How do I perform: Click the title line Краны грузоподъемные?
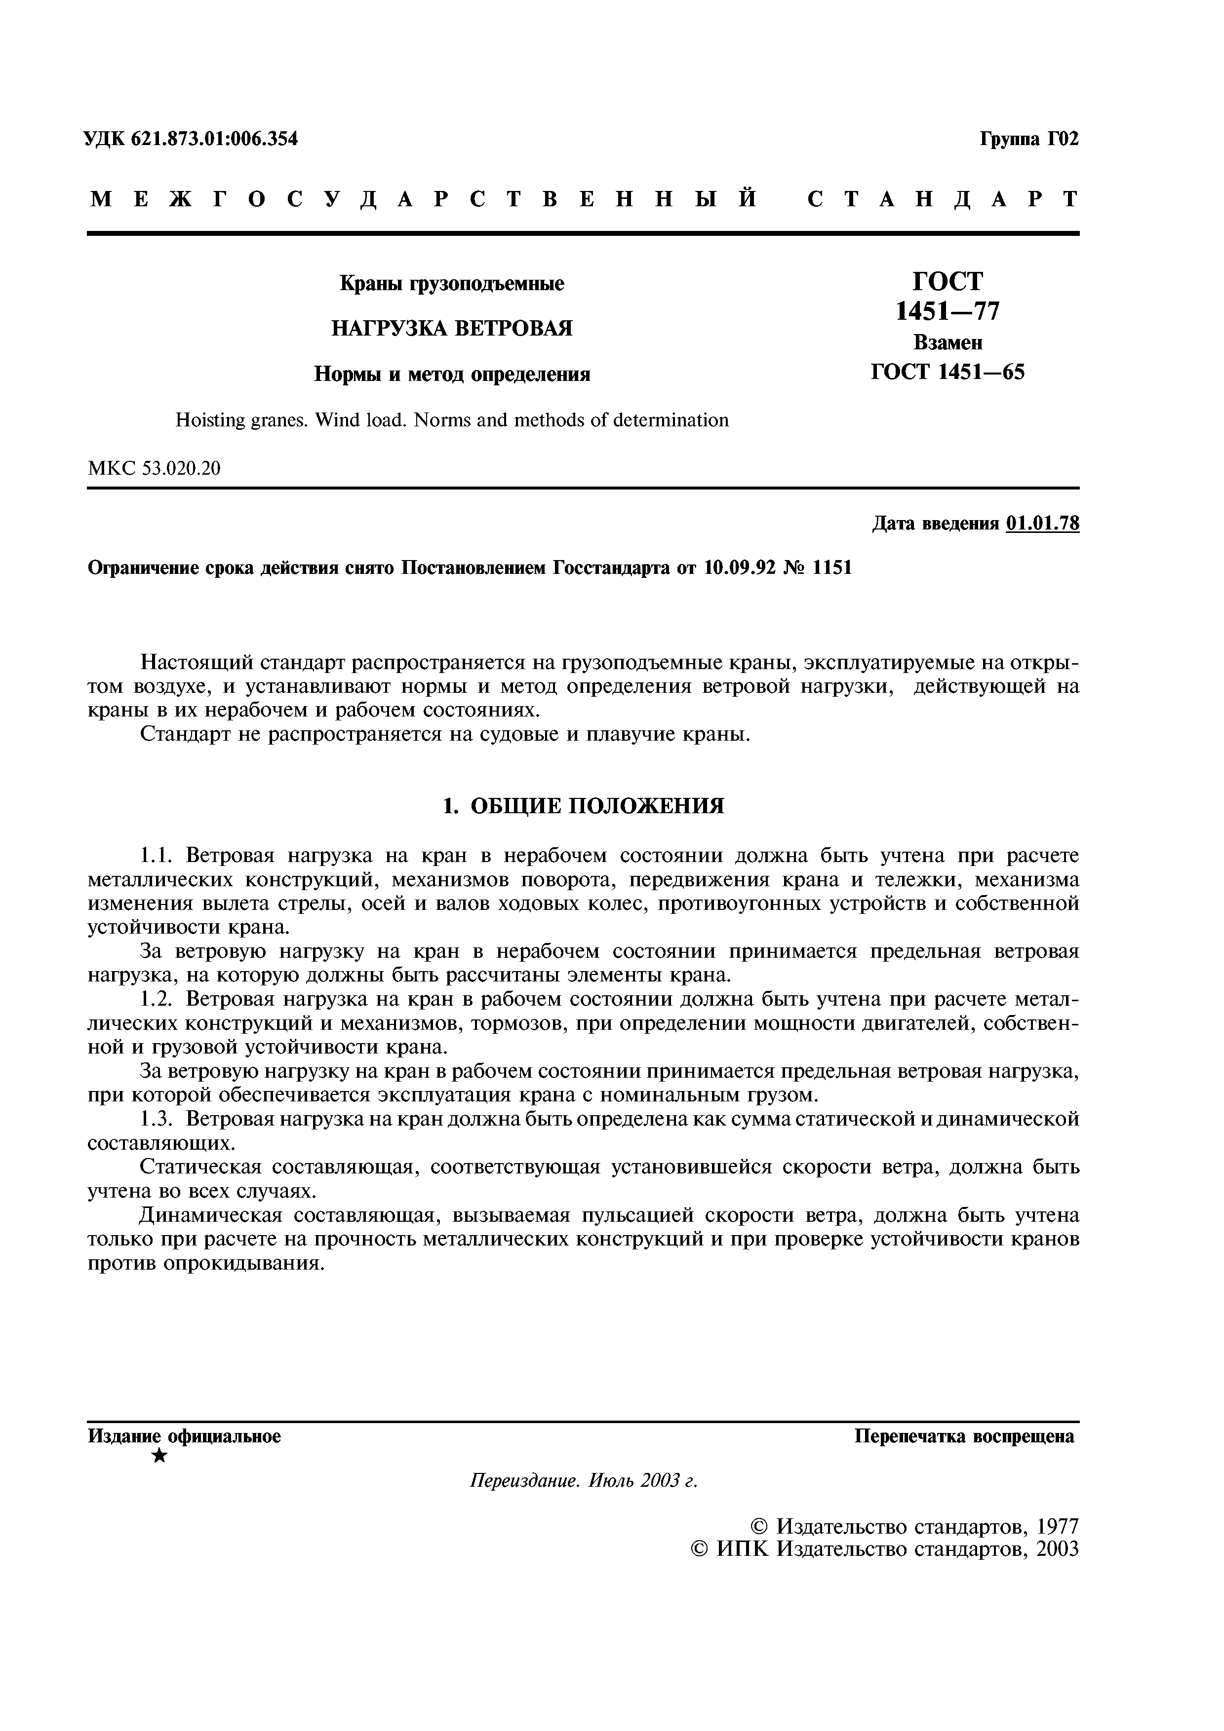[x=452, y=284]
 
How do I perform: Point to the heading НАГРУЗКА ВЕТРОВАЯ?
[x=452, y=329]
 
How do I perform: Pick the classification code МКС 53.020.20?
[x=155, y=468]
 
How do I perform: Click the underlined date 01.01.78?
[x=1042, y=523]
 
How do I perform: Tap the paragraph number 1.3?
[x=158, y=1120]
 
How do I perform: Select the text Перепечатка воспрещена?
[x=964, y=1436]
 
